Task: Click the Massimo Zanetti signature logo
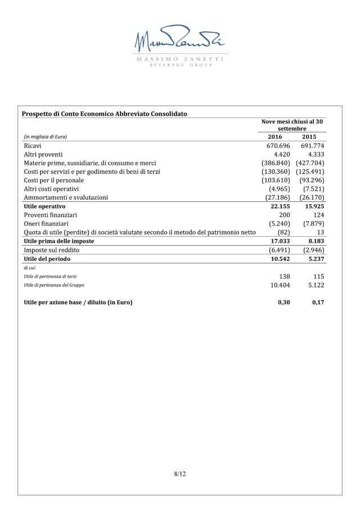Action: (x=179, y=41)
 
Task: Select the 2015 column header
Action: (x=309, y=137)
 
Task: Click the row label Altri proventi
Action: (x=43, y=154)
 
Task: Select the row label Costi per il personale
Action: (x=54, y=180)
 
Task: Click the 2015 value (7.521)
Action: (x=313, y=189)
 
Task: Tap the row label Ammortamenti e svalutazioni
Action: (x=66, y=197)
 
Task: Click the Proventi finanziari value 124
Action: (x=318, y=215)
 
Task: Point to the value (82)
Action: (x=283, y=232)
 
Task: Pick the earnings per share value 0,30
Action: (x=283, y=302)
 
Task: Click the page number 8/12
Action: (x=180, y=474)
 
